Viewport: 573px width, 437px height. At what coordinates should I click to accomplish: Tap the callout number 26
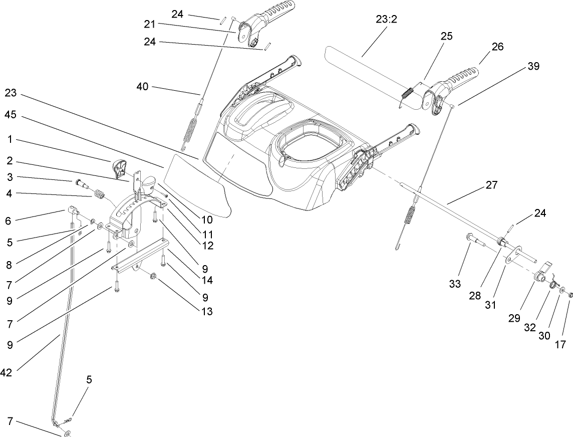497,47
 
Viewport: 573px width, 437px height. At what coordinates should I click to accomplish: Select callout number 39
533,66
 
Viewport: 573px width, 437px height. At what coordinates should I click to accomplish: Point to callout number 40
143,87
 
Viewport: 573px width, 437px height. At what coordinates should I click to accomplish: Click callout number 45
11,115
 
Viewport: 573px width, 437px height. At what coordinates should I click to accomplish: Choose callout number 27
491,185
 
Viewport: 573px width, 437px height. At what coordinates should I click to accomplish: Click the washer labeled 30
562,290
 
